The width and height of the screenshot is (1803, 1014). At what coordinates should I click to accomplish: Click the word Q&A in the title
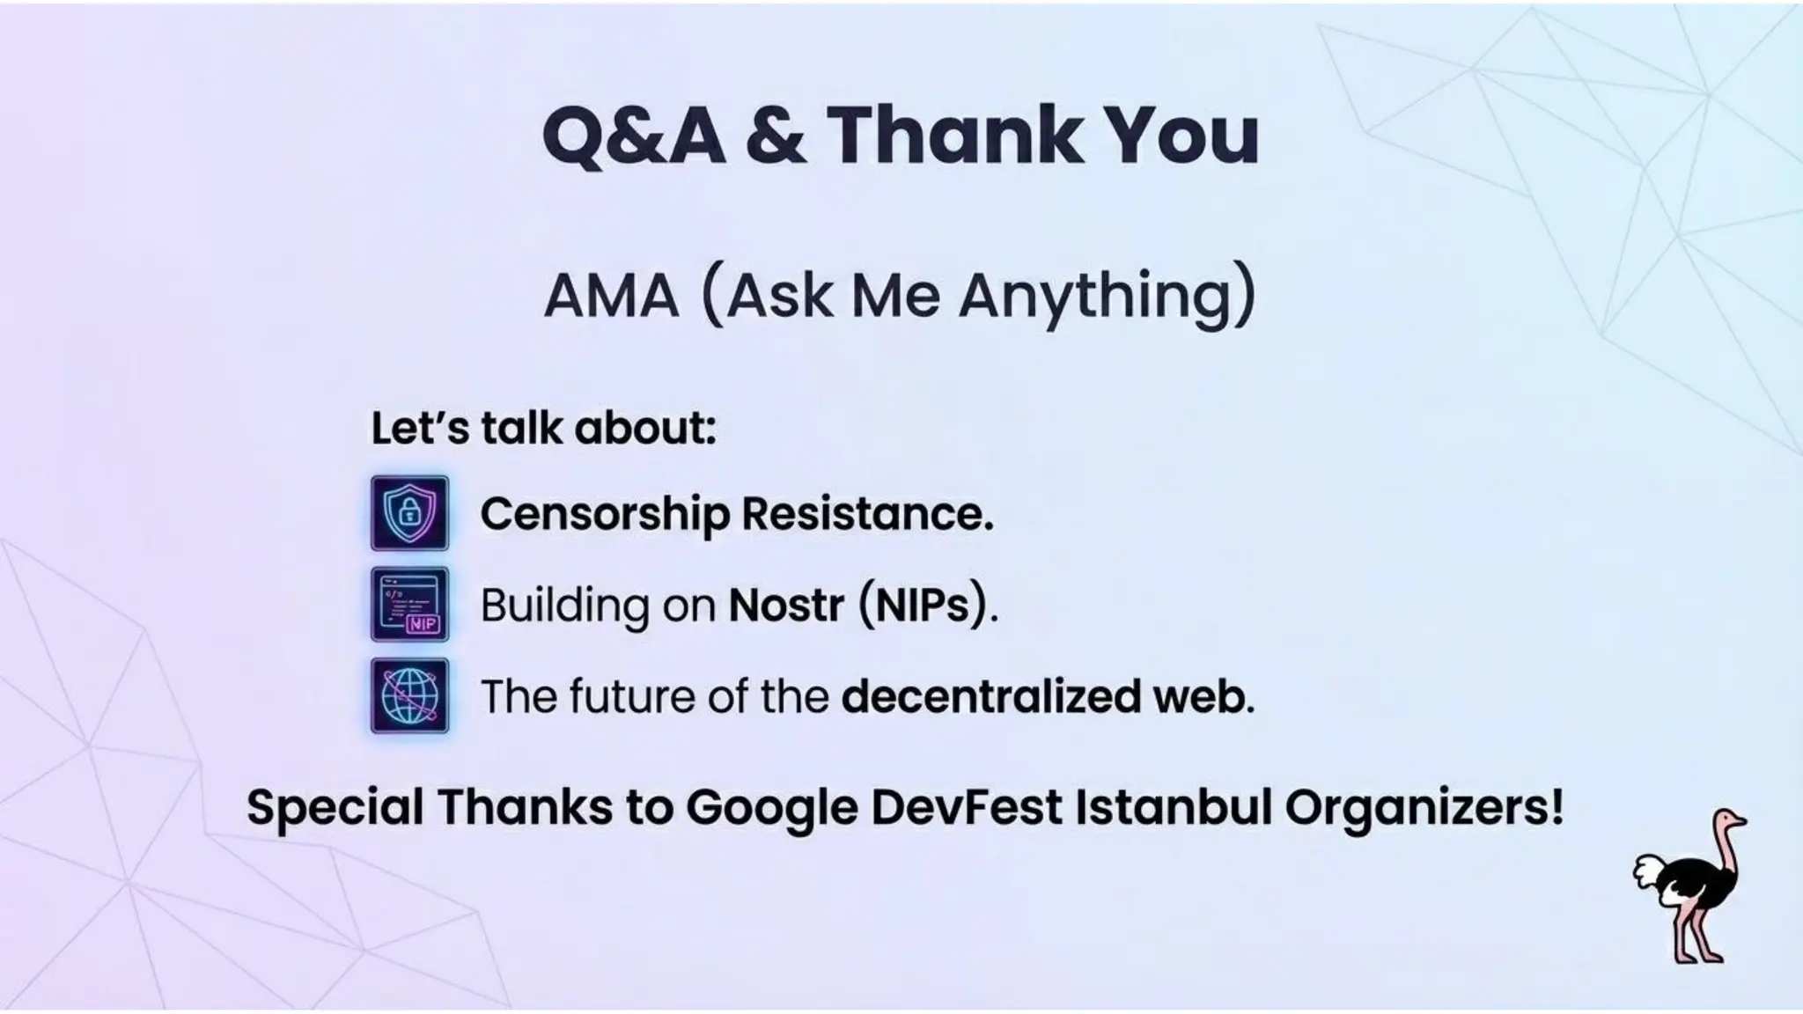tap(634, 136)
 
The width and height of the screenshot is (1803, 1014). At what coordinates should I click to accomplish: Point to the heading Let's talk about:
tap(543, 429)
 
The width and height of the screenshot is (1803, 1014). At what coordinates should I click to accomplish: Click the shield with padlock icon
tap(409, 513)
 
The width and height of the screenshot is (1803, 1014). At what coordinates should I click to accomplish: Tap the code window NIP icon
tap(409, 604)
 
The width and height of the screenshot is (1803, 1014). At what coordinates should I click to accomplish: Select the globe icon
tap(409, 695)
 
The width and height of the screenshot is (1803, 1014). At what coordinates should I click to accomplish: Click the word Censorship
tap(604, 514)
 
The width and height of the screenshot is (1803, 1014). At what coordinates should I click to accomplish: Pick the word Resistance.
tap(867, 514)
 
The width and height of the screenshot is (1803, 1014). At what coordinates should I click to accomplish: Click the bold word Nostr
tap(786, 606)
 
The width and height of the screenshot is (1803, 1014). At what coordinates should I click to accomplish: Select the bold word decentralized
tap(990, 696)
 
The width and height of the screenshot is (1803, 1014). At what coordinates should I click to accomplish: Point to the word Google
tap(771, 807)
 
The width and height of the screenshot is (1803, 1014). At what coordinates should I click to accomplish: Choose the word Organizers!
tap(1424, 807)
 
